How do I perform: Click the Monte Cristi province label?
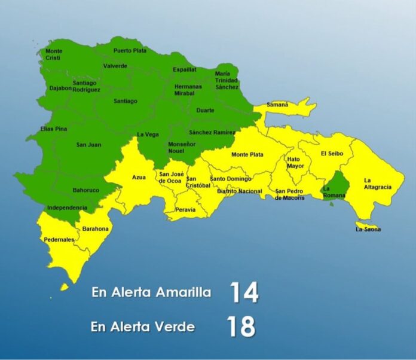54,54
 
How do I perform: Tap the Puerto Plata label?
130,51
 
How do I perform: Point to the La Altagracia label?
377,184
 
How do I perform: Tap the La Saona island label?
368,229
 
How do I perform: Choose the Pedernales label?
59,240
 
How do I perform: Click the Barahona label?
96,228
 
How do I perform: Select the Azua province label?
139,178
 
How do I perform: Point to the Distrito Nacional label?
240,191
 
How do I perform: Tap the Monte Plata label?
247,154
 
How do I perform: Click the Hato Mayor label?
293,163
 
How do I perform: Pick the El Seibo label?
332,154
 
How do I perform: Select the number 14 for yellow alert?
243,293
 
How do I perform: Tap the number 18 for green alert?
241,327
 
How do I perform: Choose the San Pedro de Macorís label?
289,194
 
